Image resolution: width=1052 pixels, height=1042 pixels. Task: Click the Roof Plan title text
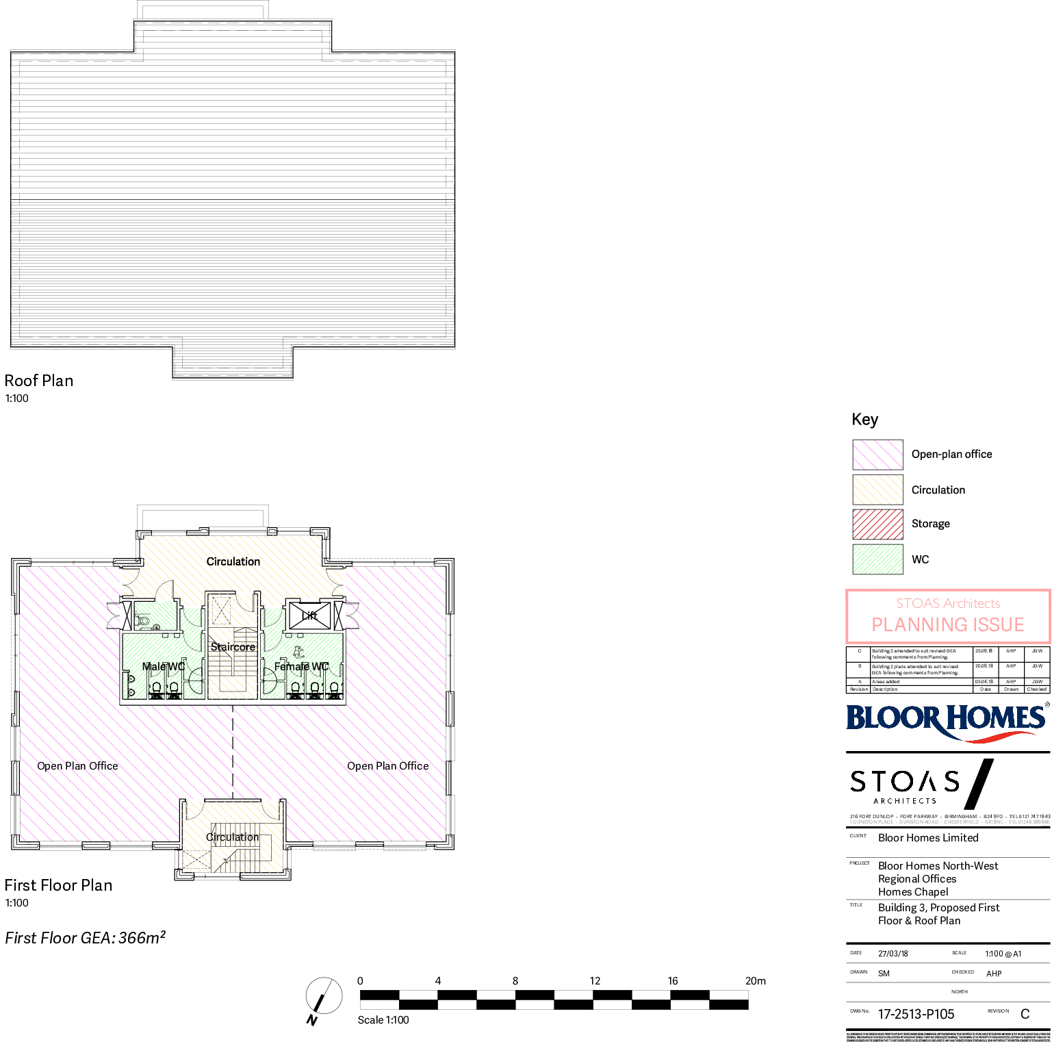39,381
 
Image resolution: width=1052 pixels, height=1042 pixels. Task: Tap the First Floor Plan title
58,885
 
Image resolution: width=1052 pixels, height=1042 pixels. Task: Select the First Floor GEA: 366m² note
85,938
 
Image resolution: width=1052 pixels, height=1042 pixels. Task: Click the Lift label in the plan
309,615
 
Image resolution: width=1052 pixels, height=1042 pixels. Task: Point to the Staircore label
233,647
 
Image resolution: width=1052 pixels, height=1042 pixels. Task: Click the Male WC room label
163,666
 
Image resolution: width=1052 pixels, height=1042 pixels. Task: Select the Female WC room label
302,666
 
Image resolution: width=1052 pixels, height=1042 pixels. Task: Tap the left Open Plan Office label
77,766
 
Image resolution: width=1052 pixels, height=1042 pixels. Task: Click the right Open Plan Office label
387,766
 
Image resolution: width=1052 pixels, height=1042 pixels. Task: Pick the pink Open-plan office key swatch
877,455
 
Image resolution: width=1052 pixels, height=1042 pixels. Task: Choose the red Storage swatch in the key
877,524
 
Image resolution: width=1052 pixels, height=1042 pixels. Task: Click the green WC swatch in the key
877,559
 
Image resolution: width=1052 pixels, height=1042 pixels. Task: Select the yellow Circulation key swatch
877,490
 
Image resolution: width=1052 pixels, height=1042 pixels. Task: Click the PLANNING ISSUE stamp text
947,624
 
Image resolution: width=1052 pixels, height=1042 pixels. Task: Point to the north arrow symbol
323,996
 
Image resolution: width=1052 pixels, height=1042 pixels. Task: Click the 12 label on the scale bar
595,981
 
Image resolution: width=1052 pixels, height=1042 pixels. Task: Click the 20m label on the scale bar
755,981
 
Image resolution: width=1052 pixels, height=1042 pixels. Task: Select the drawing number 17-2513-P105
916,1015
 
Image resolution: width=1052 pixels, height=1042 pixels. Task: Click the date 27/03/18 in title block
893,954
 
